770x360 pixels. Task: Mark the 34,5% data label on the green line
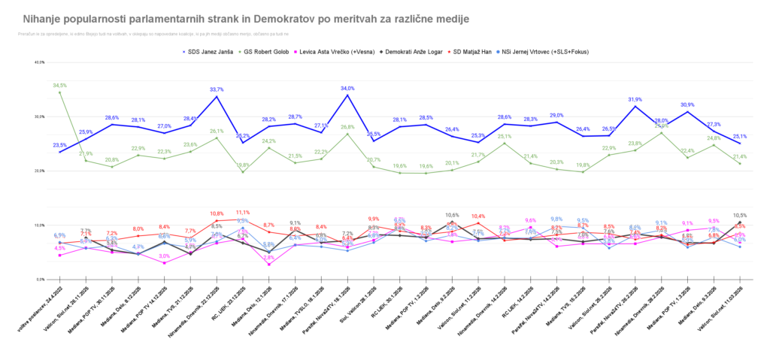[x=60, y=86]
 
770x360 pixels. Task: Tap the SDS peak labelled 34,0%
[x=347, y=88]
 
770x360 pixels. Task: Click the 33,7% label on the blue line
[x=217, y=89]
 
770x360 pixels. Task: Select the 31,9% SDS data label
[x=635, y=99]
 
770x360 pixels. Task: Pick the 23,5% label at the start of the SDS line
[x=60, y=145]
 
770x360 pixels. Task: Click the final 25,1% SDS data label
[x=740, y=137]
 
